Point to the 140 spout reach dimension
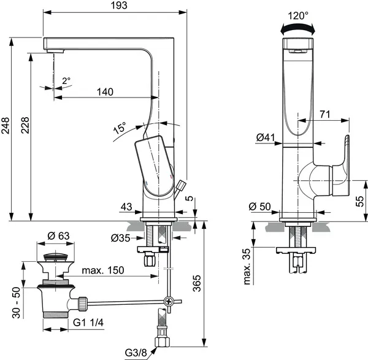[x=105, y=92]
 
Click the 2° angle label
[x=66, y=80]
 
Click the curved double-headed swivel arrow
[x=297, y=28]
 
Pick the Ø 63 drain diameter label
[x=58, y=236]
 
